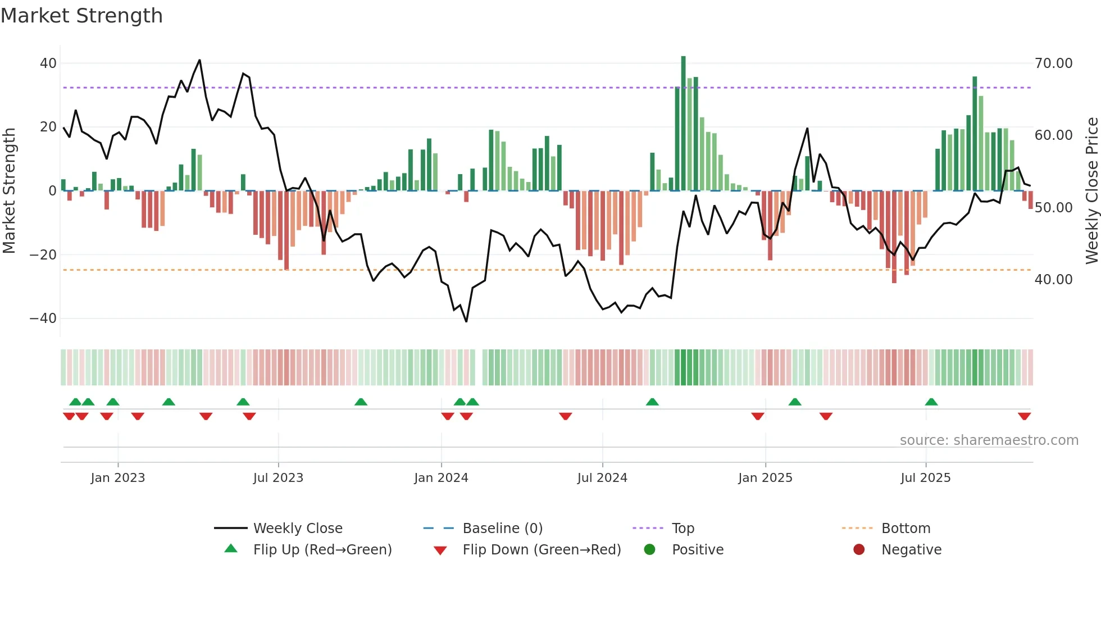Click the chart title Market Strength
[81, 16]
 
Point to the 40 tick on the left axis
[48, 63]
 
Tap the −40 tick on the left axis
[43, 318]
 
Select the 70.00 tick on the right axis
[1053, 63]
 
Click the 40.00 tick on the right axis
[1053, 280]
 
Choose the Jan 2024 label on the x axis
[441, 478]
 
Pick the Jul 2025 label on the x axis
[925, 478]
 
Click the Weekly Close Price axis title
[1091, 191]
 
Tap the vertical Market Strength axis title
[10, 191]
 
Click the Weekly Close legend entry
[298, 529]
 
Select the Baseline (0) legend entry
[502, 529]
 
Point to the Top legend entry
[683, 529]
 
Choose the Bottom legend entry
[906, 529]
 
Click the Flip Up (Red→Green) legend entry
[322, 550]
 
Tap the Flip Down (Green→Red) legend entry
[542, 550]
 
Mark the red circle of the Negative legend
[859, 550]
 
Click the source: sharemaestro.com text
[989, 440]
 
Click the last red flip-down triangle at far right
[1024, 416]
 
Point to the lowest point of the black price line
[466, 321]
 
